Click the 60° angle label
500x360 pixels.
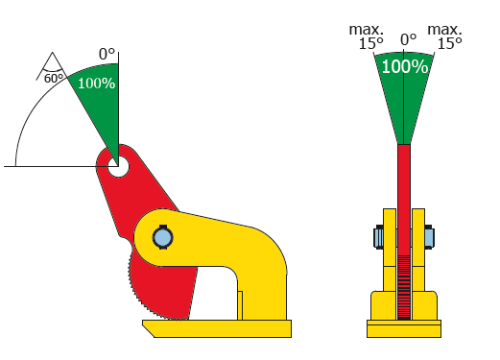pyautogui.click(x=54, y=79)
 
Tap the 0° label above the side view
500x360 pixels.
pyautogui.click(x=107, y=54)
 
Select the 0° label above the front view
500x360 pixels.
pyautogui.click(x=408, y=39)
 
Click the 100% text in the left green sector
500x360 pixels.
pyautogui.click(x=96, y=84)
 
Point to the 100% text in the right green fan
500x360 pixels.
pyautogui.click(x=405, y=66)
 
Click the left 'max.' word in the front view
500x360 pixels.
pyautogui.click(x=366, y=30)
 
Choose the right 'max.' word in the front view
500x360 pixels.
pyautogui.click(x=444, y=30)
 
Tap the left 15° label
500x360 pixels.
pyautogui.click(x=371, y=43)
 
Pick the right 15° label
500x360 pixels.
pyautogui.click(x=449, y=43)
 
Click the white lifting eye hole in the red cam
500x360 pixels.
pyautogui.click(x=118, y=166)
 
